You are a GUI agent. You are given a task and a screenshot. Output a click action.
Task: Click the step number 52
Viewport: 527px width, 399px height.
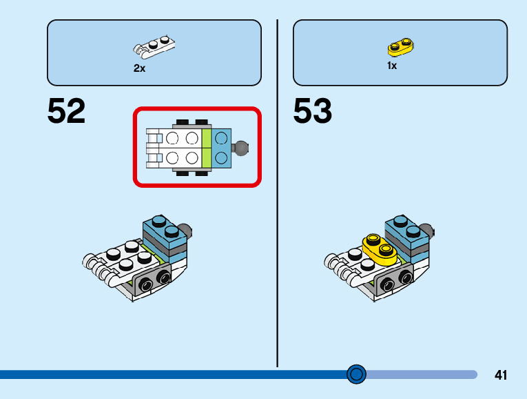tap(66, 110)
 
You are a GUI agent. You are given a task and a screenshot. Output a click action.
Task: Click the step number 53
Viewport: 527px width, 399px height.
tap(312, 110)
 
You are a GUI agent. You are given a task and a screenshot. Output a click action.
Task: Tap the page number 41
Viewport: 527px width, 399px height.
tap(500, 375)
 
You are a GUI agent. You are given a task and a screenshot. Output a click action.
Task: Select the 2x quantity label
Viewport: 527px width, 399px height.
tap(139, 68)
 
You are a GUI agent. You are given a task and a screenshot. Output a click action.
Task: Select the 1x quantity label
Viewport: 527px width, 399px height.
tap(392, 66)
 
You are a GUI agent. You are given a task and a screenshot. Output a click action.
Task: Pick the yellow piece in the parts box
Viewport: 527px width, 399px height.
tap(400, 47)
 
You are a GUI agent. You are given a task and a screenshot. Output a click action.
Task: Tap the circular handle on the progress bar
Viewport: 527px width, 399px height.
tap(356, 374)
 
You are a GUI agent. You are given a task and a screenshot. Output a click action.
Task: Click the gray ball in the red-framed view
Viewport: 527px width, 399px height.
tap(241, 148)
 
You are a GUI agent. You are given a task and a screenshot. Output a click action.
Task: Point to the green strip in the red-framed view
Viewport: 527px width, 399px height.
tap(207, 148)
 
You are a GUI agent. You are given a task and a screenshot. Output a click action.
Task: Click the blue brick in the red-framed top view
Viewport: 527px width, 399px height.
tap(221, 148)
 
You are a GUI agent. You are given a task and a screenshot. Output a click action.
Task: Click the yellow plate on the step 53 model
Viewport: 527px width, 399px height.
tap(380, 249)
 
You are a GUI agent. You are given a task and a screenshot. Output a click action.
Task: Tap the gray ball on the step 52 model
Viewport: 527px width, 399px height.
tap(186, 230)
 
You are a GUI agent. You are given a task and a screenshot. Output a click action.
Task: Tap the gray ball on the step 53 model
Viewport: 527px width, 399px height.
tap(428, 230)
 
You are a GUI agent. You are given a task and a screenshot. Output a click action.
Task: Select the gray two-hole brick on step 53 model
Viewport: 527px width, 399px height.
tap(394, 280)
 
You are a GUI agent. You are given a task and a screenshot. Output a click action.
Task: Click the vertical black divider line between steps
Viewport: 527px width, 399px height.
tap(278, 193)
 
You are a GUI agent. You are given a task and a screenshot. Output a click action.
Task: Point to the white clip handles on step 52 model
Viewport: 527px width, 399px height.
tap(97, 269)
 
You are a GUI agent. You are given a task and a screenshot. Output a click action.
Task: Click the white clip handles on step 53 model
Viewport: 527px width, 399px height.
tap(340, 269)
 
